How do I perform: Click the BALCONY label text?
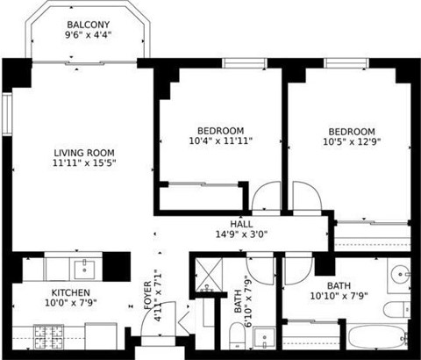coord(89,24)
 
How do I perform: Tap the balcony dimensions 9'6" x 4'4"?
coord(89,36)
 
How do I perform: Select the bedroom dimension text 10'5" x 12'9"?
coord(351,140)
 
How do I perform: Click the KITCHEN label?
coord(70,292)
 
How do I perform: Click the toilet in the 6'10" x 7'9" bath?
coord(236,336)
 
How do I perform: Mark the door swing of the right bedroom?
coord(306,198)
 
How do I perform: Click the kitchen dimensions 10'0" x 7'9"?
coord(70,304)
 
